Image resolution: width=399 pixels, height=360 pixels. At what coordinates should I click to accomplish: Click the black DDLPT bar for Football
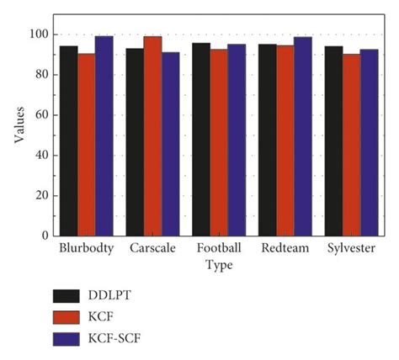[200, 139]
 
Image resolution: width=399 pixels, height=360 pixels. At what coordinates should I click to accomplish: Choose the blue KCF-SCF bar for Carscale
[171, 144]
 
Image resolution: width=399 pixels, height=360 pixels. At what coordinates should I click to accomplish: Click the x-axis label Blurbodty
[87, 250]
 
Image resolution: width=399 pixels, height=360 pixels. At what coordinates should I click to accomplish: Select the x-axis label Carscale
[152, 250]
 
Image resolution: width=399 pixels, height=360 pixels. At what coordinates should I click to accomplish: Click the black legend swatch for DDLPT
[66, 296]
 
